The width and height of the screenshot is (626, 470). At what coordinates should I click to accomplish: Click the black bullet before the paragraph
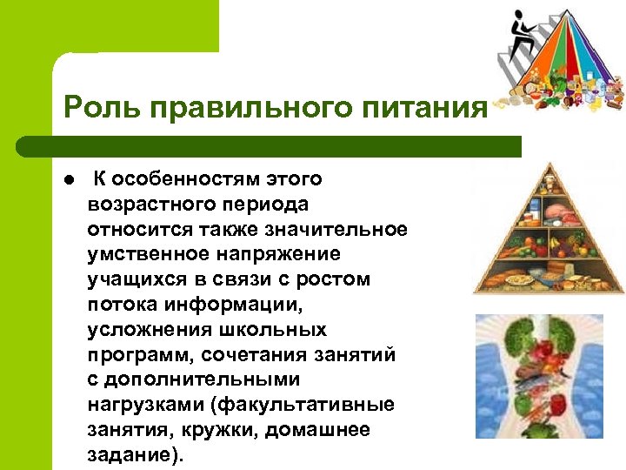(x=70, y=181)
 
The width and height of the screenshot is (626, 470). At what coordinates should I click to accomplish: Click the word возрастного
(x=143, y=205)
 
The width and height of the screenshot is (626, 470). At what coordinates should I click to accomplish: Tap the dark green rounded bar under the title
(x=270, y=146)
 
